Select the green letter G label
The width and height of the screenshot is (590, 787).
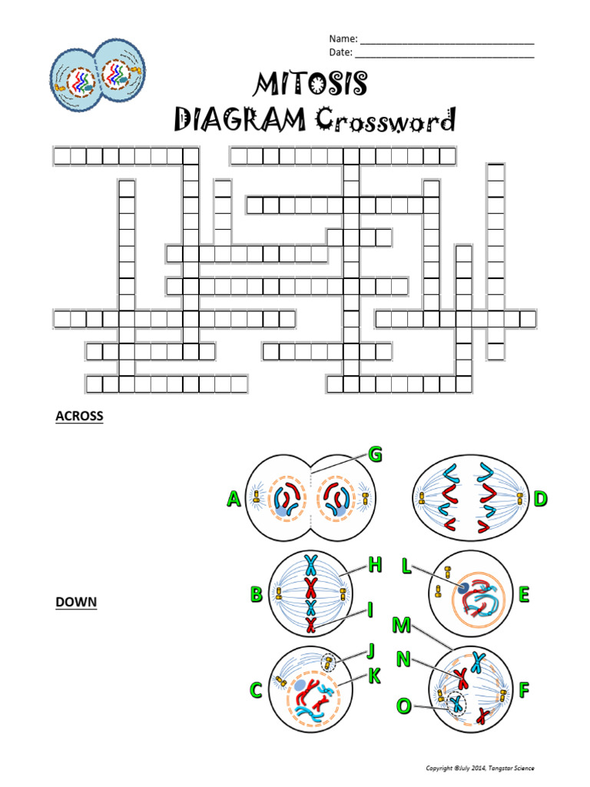coord(375,455)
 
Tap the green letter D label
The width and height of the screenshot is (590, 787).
coord(540,500)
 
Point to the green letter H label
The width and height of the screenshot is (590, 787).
coord(375,566)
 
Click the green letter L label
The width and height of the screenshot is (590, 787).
coord(406,566)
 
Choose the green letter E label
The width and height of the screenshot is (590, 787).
coord(525,594)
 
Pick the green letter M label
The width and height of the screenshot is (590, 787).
coord(400,625)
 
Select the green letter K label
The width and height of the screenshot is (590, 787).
coord(375,676)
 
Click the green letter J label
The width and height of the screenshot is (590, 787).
coord(370,652)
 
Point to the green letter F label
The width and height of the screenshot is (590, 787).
coord(524,690)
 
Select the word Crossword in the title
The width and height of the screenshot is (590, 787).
coord(385,121)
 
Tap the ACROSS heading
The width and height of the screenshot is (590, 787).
coord(79,417)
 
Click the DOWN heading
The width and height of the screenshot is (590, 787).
coord(76,602)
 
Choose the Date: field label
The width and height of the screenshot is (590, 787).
coord(341,52)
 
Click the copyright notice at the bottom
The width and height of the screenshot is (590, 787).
coord(480,768)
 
